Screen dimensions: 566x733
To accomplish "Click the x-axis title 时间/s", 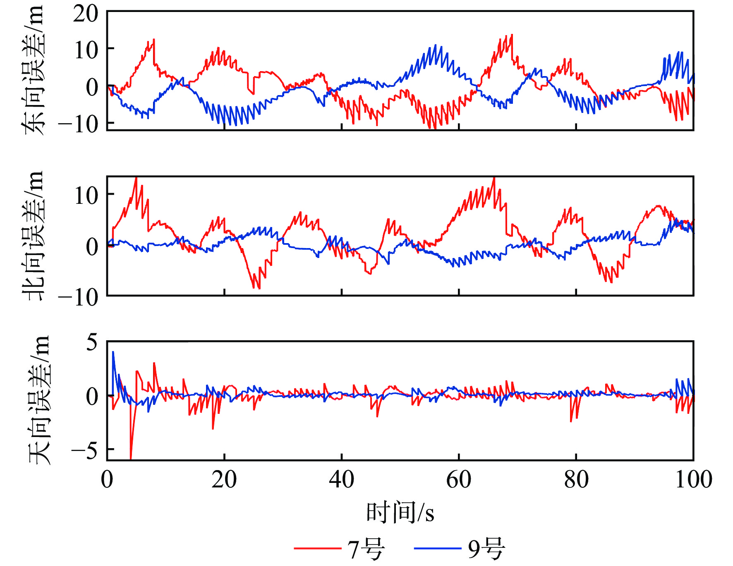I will (400, 513).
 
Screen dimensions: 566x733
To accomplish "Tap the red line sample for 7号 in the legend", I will (317, 549).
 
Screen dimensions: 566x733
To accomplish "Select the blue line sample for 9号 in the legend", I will (437, 549).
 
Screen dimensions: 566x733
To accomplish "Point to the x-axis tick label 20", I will (224, 480).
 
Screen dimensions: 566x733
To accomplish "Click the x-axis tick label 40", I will (341, 480).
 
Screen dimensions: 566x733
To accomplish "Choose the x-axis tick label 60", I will (459, 480).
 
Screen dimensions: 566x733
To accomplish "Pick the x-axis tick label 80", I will (576, 480).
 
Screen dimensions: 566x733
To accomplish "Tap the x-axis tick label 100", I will (693, 480).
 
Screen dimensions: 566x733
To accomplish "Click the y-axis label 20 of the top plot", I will (86, 14).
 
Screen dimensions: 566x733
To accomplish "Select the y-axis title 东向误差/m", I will (32, 70).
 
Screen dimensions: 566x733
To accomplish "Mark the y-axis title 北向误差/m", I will (32, 236).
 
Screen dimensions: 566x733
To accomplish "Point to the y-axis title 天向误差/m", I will (38, 400).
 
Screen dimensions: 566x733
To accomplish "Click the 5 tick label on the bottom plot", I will (92, 343).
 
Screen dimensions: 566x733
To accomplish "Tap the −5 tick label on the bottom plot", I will (84, 450).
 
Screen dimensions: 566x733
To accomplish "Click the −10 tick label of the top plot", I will (79, 124).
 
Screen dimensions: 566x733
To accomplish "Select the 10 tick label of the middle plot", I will (86, 195).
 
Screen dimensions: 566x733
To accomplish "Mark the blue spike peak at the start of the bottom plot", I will (113, 352).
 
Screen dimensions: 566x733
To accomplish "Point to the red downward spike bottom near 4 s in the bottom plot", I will (131, 458).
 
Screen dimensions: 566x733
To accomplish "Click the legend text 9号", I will (486, 549).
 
